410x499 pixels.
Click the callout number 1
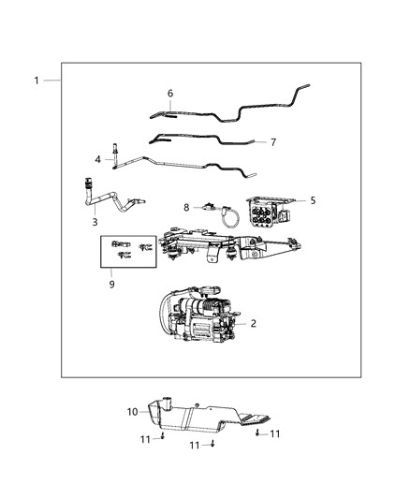[x=37, y=81]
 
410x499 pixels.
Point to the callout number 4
[x=97, y=160]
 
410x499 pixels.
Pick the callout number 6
[x=169, y=94]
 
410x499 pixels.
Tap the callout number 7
[x=272, y=142]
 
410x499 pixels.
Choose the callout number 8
[x=186, y=207]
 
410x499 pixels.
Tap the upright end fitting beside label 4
[x=113, y=153]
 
